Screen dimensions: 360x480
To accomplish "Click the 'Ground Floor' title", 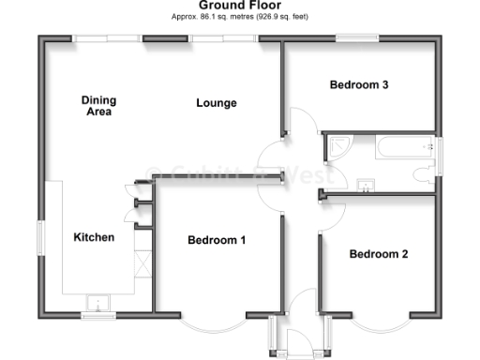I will [x=241, y=6].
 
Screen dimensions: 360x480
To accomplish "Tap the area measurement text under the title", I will [x=241, y=17].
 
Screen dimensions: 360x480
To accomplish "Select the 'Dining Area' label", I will [x=97, y=106].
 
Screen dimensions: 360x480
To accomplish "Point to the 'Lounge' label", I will [x=216, y=102].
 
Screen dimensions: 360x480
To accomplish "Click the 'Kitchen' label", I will [x=94, y=237].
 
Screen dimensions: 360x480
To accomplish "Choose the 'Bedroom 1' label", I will [x=217, y=240].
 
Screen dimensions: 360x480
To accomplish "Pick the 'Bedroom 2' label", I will [x=378, y=253].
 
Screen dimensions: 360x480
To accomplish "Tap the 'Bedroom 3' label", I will [x=359, y=84].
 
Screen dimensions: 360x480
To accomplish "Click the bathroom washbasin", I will [x=366, y=185].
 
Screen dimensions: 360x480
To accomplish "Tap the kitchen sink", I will [x=98, y=302].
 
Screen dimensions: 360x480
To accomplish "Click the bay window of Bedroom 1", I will [x=210, y=324].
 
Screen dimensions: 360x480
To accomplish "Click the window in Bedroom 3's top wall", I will [x=358, y=38].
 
